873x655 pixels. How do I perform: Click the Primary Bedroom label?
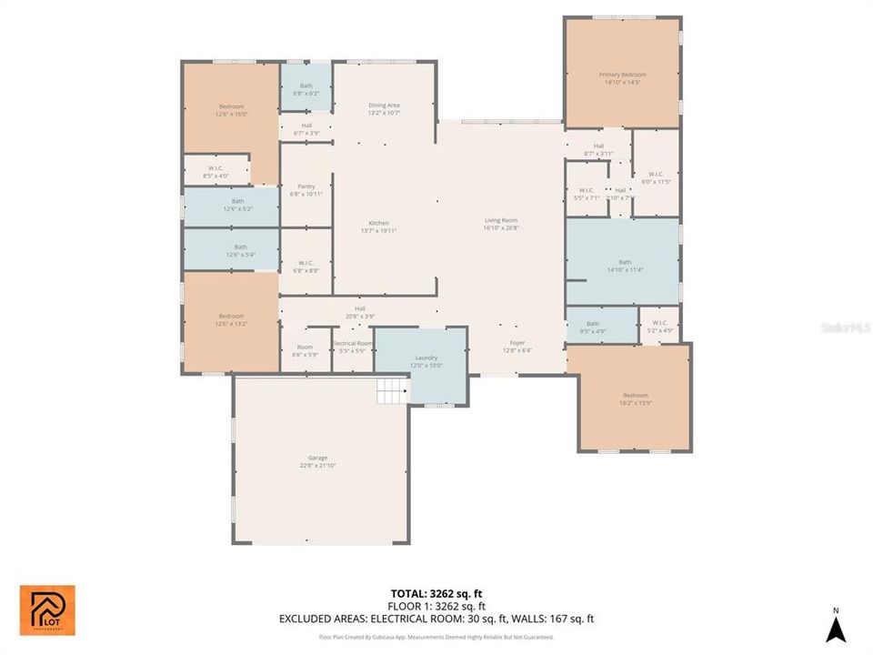pos(622,77)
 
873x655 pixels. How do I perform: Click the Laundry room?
pos(421,362)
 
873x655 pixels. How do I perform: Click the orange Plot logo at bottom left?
pos(47,610)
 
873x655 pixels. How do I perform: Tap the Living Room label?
pos(500,224)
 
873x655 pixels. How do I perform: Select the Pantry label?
pos(306,189)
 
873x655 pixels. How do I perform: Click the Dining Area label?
pos(384,108)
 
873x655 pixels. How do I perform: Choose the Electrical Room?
pos(351,348)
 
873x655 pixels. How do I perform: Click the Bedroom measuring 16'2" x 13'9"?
pos(635,398)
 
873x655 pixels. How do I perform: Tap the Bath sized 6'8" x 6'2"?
pos(306,89)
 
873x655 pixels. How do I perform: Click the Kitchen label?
pos(379,227)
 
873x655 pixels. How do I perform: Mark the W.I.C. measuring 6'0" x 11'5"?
pos(656,177)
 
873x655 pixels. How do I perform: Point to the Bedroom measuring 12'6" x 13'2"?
pos(231,319)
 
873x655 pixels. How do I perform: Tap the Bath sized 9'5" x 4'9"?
pos(593,327)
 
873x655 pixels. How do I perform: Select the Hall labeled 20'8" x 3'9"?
pos(360,312)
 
